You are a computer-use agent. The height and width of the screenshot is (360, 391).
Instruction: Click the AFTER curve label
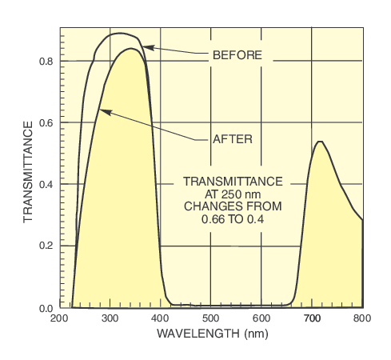pos(233,138)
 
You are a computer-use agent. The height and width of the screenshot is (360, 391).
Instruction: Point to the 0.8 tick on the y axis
pos(46,61)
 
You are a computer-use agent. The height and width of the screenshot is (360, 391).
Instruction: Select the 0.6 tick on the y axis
pos(46,122)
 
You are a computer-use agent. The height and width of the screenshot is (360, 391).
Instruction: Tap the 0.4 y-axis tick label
pos(46,184)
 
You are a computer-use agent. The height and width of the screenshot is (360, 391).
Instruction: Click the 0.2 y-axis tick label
pos(46,246)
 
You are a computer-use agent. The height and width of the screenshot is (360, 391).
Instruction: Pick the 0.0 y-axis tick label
pos(46,307)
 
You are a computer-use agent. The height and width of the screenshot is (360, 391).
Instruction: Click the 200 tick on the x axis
pos(59,318)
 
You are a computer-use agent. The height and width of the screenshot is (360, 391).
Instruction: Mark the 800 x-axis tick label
pos(362,318)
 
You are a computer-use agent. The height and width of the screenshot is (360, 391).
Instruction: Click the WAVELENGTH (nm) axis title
pos(211,333)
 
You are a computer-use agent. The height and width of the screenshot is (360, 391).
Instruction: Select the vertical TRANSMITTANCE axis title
pos(27,171)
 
